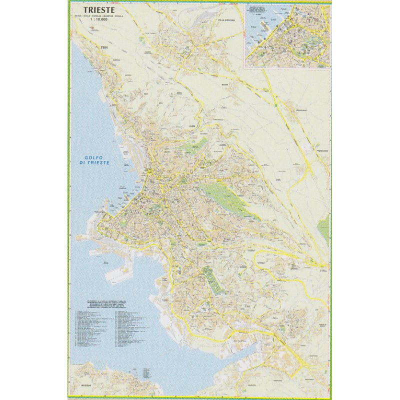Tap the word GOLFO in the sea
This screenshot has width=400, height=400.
[x=93, y=158]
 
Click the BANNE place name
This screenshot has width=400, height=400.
[x=224, y=84]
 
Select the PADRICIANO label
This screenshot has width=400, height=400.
[x=322, y=149]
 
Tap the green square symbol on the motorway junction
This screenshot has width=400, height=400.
[x=276, y=105]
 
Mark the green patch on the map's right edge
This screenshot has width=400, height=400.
[x=324, y=228]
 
